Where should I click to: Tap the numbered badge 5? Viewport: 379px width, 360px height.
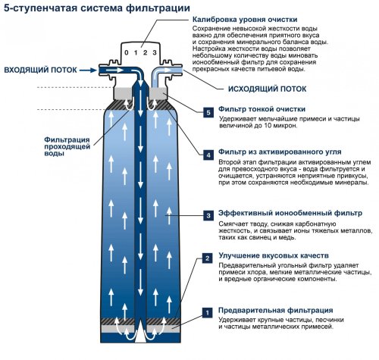coord(208,112)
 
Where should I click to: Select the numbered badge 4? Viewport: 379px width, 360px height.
coord(208,155)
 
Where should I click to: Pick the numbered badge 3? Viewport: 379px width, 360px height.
coord(208,216)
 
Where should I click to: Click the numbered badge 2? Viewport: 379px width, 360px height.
coord(208,258)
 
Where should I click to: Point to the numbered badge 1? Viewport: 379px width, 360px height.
coord(208,311)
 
